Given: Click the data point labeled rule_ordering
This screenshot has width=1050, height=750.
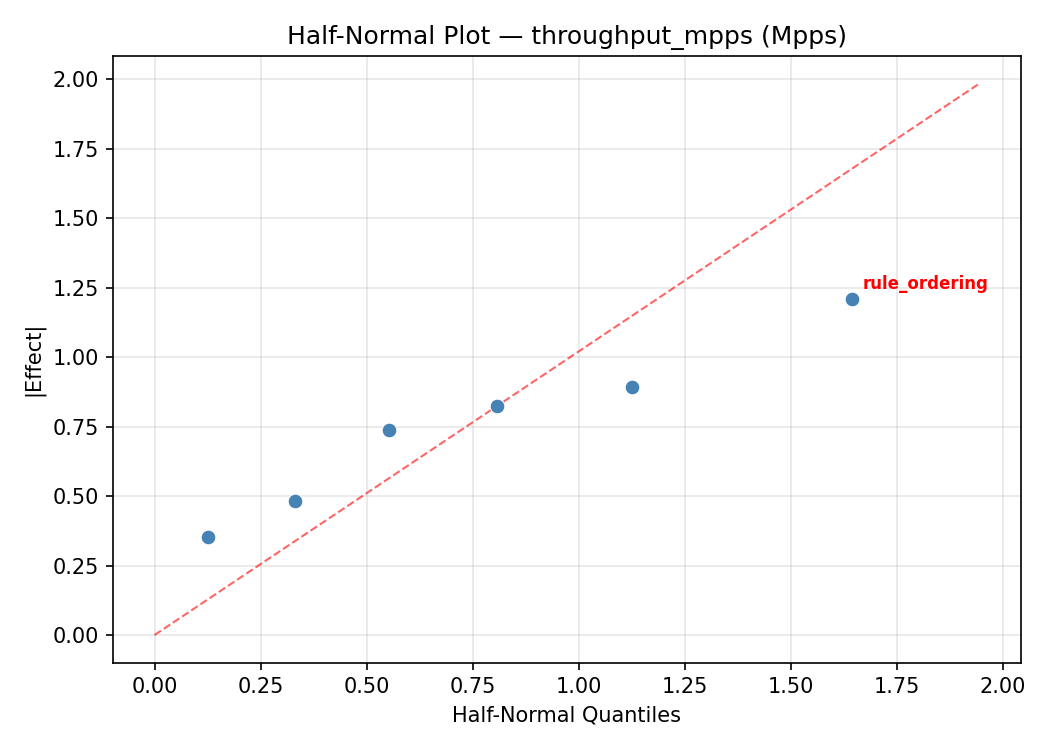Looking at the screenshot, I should point(852,299).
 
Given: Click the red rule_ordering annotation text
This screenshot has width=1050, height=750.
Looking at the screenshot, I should point(925,284).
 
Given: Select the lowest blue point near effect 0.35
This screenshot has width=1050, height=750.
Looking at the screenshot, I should point(208,537).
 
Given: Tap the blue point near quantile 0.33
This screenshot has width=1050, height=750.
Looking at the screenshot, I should point(295,501).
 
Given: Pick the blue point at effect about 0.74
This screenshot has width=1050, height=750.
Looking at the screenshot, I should point(389,430).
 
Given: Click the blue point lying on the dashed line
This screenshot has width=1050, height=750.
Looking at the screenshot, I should point(497,406).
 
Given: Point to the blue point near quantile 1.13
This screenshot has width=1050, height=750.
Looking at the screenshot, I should point(632,387).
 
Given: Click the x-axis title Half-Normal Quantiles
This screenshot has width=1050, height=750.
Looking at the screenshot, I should point(566,715).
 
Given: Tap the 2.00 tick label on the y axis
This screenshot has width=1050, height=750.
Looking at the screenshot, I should point(77,79).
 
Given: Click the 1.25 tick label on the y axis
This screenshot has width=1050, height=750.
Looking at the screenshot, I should point(77,288).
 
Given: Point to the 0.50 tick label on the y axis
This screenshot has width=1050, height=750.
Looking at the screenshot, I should point(77,496).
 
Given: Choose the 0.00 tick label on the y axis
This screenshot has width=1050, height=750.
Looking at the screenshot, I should point(77,635).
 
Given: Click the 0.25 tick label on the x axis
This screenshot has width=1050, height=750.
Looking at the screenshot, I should point(261,685).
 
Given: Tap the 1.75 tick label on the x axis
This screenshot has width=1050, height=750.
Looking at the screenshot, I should point(896,685).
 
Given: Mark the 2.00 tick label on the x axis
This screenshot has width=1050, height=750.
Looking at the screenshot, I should point(1002,685).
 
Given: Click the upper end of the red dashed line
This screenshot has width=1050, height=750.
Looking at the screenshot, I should point(978,83).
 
